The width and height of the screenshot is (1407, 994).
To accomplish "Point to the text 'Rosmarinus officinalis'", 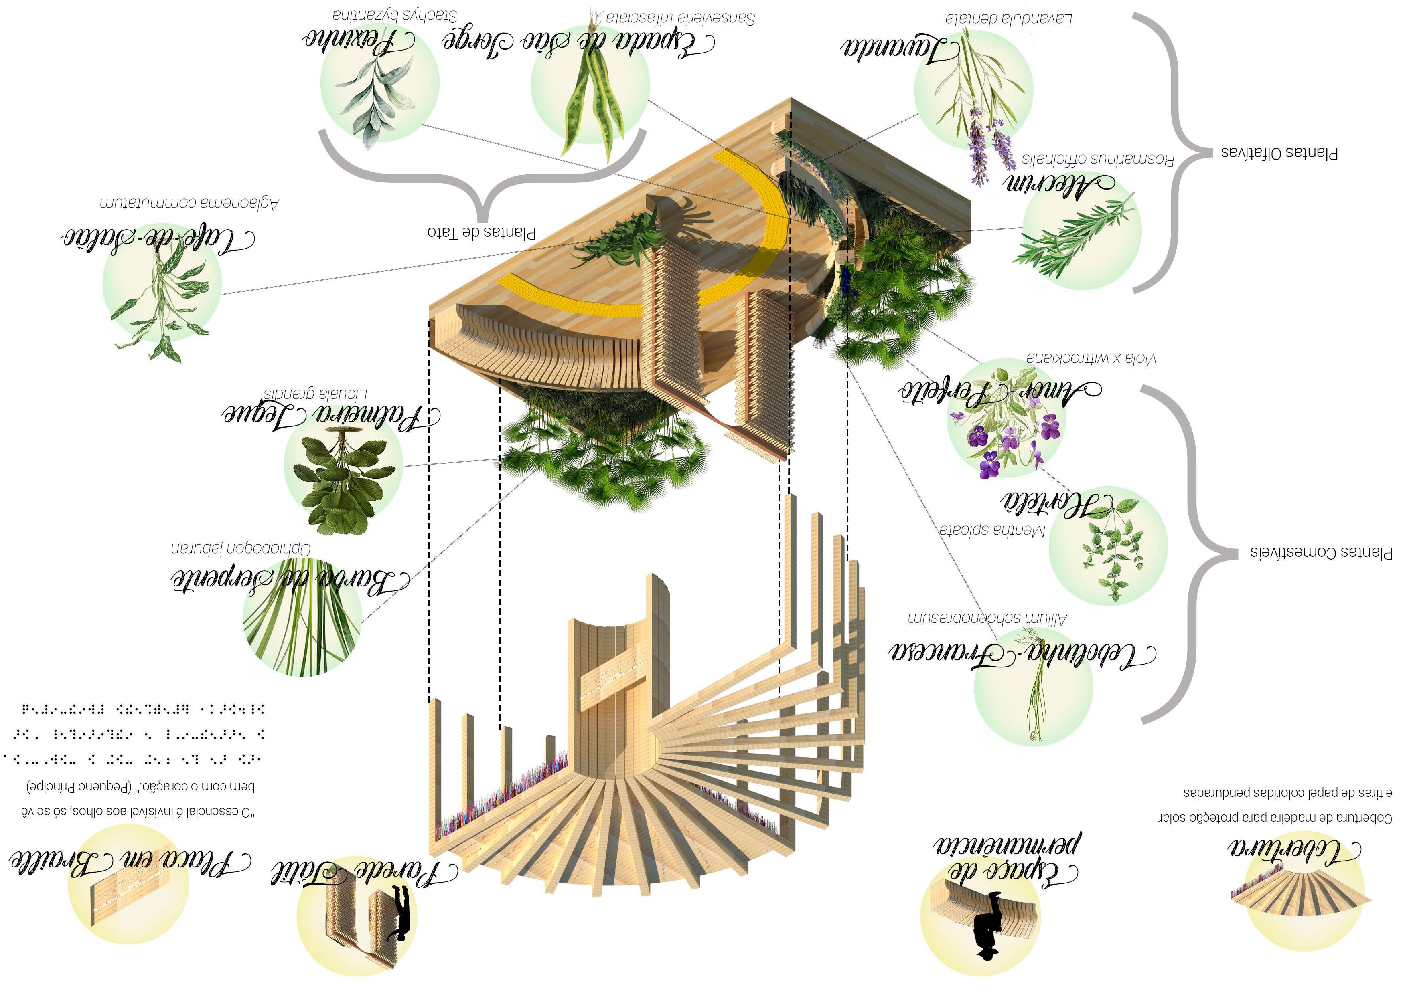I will tap(1097, 159).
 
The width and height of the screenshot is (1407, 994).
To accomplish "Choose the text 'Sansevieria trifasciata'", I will tap(680, 18).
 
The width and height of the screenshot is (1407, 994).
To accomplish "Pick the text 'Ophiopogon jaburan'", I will tap(241, 548).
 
